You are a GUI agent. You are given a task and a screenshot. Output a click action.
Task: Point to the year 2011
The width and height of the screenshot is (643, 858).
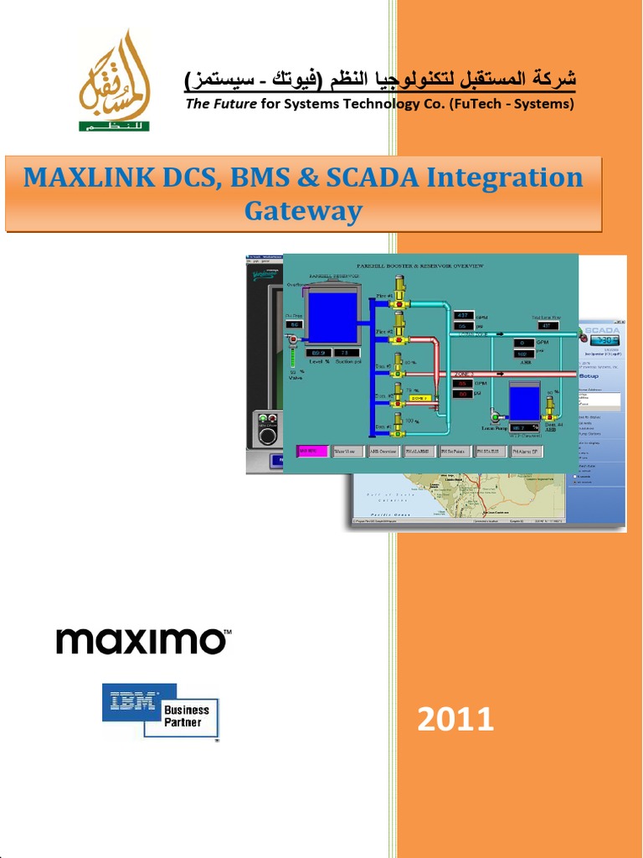[455, 718]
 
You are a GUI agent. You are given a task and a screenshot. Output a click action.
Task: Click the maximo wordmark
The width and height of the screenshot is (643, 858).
[143, 641]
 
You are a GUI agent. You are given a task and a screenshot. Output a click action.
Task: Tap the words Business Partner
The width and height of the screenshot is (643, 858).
[187, 716]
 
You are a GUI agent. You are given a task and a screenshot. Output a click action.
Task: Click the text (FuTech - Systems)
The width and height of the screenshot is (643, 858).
[512, 104]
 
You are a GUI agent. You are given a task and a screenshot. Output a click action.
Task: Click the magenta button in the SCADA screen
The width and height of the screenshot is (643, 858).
[313, 451]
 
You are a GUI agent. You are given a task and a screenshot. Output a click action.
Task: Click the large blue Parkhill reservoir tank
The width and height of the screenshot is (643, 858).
[333, 317]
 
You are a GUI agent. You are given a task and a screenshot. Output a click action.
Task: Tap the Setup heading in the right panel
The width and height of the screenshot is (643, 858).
[590, 376]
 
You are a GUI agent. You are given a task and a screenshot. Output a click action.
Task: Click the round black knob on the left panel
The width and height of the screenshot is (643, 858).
[268, 436]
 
